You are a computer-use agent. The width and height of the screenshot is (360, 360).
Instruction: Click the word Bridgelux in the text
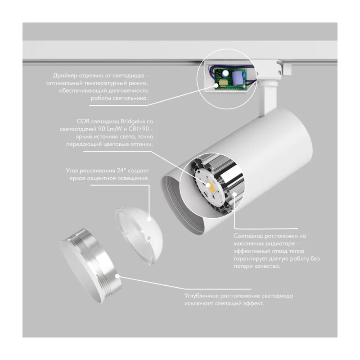[134, 121]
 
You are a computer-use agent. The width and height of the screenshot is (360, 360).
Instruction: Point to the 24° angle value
[121, 171]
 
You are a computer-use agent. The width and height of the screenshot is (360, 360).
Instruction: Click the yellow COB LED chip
[211, 188]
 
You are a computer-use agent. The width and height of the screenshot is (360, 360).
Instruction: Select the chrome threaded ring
[91, 265]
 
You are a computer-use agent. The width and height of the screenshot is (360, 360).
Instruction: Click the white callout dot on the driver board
[216, 85]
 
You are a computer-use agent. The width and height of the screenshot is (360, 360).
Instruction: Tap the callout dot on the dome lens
[149, 219]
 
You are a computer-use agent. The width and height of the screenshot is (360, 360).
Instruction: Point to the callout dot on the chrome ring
[117, 276]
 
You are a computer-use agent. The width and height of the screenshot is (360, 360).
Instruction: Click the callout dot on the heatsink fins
[234, 194]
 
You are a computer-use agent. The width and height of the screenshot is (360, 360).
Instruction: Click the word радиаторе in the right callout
[279, 243]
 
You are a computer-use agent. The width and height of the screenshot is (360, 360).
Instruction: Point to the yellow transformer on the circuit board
[223, 83]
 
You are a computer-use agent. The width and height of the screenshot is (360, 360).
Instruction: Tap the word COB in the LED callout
[83, 121]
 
